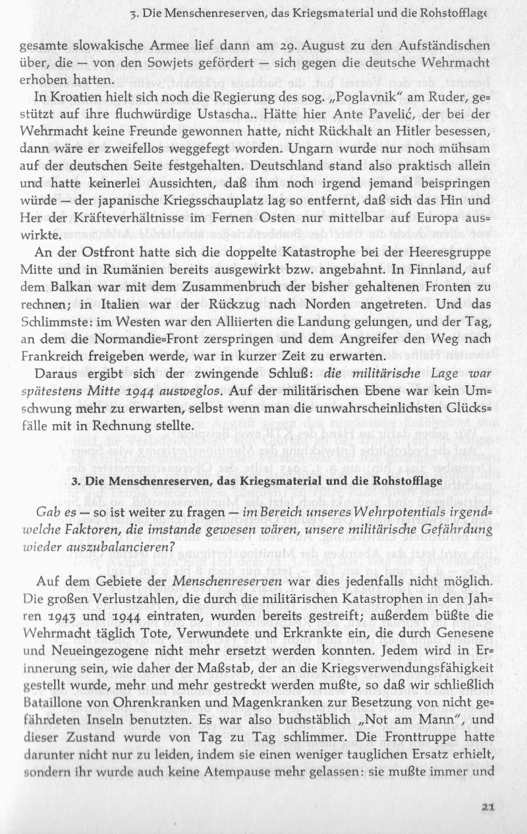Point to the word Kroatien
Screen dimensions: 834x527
click(72, 95)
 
